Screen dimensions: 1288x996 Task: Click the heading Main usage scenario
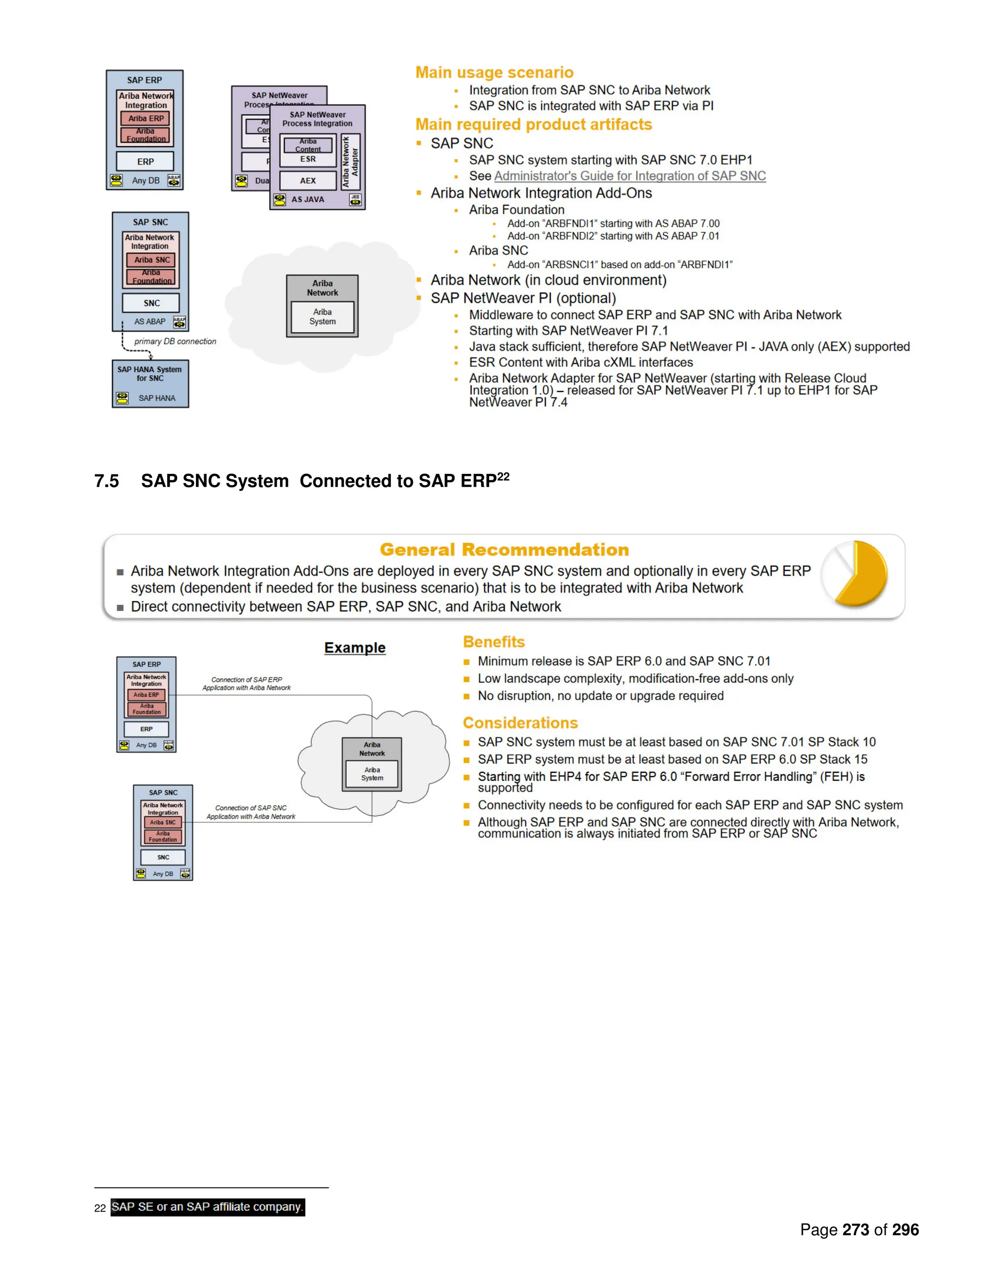pyautogui.click(x=494, y=72)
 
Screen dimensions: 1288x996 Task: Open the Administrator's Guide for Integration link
pyautogui.click(x=630, y=176)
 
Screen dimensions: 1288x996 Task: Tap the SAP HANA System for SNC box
pyautogui.click(x=150, y=383)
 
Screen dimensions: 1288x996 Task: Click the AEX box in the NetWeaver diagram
pyautogui.click(x=307, y=180)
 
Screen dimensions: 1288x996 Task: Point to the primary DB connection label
pyautogui.click(x=175, y=342)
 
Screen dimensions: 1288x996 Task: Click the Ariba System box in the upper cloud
pyautogui.click(x=322, y=317)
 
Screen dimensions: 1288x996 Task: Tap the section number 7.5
pyautogui.click(x=107, y=481)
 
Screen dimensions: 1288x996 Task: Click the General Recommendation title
pyautogui.click(x=504, y=550)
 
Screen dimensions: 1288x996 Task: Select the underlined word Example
pyautogui.click(x=355, y=647)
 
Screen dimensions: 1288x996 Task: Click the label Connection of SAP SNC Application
pyautogui.click(x=251, y=812)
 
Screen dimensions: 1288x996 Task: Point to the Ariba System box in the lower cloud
pyautogui.click(x=373, y=774)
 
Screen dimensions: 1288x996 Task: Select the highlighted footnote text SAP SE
pyautogui.click(x=207, y=1207)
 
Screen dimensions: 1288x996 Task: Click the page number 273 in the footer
pyautogui.click(x=855, y=1230)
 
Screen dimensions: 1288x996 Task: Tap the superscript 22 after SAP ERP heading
pyautogui.click(x=503, y=476)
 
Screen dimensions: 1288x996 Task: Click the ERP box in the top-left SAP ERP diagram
pyautogui.click(x=145, y=161)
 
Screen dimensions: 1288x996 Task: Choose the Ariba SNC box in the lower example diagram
pyautogui.click(x=162, y=822)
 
